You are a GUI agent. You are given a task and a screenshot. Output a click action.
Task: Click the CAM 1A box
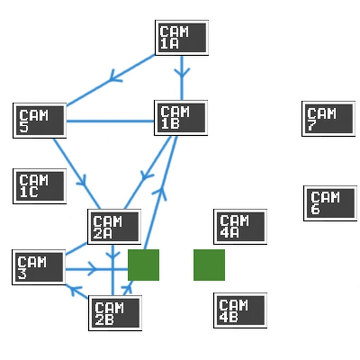[182, 37]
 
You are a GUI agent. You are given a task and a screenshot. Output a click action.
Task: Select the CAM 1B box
[181, 118]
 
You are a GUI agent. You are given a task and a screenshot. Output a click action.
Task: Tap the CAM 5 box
[40, 120]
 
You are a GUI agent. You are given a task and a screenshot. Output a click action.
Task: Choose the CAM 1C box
[40, 186]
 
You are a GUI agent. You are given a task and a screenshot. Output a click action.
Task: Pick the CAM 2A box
[114, 226]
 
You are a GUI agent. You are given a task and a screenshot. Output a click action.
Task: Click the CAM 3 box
[39, 267]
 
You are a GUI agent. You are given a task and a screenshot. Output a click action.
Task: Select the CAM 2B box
[115, 313]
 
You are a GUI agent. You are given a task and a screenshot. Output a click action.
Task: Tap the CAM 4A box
[240, 226]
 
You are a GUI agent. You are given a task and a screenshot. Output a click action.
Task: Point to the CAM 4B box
[240, 310]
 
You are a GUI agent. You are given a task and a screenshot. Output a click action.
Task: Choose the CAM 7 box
[329, 119]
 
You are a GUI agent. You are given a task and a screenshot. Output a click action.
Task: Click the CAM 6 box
[330, 203]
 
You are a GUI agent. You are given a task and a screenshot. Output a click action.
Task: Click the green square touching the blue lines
[144, 265]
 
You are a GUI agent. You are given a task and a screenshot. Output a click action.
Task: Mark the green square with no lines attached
[209, 265]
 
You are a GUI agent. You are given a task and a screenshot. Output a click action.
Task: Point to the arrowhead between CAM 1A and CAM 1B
[182, 72]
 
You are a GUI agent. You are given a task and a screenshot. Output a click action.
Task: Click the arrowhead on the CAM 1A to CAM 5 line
[115, 76]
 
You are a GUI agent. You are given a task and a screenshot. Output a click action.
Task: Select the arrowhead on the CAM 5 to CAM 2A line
[82, 181]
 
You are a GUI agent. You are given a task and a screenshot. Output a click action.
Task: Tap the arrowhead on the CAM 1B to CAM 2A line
[146, 176]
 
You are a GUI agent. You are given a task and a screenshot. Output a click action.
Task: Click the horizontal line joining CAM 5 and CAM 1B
[110, 121]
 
